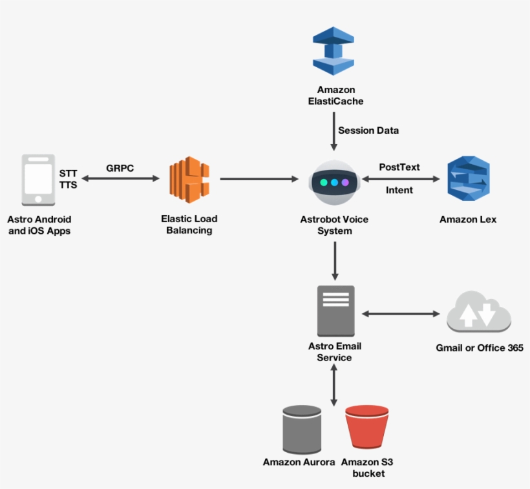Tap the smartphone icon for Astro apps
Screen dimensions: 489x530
37,179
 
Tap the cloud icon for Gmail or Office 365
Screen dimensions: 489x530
479,314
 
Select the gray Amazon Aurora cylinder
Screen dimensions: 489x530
302,429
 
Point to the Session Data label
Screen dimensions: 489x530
368,130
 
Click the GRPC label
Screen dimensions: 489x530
120,168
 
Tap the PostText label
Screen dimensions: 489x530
399,167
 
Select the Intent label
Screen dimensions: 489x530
399,190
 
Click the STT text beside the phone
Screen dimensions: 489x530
68,174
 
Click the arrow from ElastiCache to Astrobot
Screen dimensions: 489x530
334,132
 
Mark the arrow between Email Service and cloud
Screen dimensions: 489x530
400,314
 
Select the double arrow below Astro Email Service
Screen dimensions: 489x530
334,385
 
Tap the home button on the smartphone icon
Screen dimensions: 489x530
37,198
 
